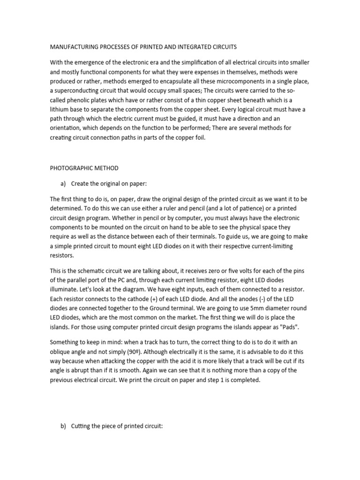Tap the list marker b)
62,427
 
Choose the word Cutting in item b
82,427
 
